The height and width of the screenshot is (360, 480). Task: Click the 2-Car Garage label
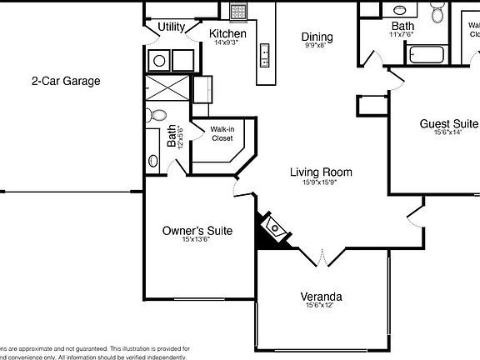click(66, 81)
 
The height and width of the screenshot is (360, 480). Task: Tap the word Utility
click(172, 27)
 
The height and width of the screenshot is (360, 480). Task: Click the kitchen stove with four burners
click(238, 12)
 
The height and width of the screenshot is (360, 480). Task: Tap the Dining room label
click(317, 37)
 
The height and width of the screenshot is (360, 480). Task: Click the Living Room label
click(321, 172)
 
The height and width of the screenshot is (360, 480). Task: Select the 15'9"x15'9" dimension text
click(321, 182)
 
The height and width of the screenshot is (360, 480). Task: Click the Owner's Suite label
click(197, 231)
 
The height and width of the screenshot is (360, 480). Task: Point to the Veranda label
click(321, 296)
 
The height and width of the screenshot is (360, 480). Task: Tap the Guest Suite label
click(448, 123)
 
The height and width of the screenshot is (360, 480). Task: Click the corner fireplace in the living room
click(272, 227)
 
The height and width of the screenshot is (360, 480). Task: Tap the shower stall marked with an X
click(158, 88)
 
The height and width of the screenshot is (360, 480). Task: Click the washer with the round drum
click(158, 60)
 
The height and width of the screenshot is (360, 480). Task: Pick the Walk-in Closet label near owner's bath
click(221, 133)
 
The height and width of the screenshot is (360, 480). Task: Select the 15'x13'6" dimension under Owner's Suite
click(197, 241)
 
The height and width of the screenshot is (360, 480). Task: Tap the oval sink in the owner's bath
click(152, 161)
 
